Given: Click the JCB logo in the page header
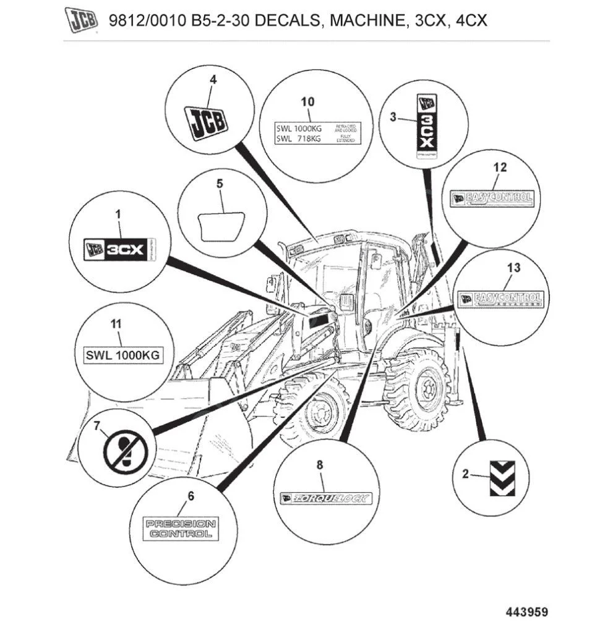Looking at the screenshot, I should pos(82,20).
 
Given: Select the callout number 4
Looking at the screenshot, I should pos(213,80).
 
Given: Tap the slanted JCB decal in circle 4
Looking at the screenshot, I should pos(207,122).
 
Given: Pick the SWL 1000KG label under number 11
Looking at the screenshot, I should pos(122,355).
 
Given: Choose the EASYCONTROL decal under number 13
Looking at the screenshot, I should pos(502,300).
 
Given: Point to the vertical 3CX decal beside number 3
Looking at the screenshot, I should pos(425,127).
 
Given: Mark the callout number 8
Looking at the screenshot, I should pos(320,465).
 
